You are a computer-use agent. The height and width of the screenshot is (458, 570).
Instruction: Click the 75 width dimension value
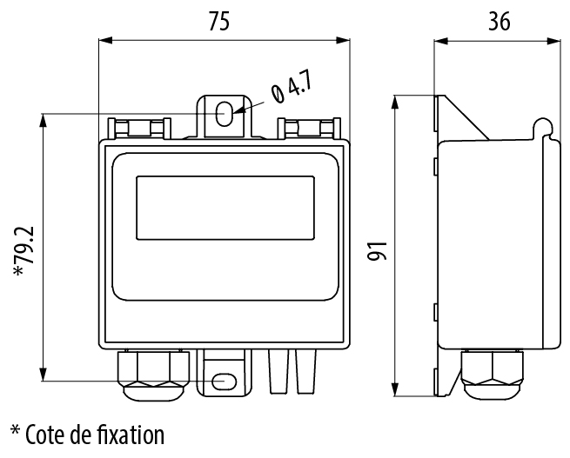pos(219,21)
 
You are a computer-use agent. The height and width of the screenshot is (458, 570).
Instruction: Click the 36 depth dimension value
pos(500,21)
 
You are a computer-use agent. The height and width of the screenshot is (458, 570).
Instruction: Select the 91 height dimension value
pos(377,251)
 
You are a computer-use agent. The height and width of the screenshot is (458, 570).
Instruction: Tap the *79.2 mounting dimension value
pos(23,250)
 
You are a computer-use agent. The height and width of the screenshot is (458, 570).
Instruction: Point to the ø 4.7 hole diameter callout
pos(292,89)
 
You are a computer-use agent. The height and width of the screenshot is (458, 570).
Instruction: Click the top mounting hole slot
pos(225,114)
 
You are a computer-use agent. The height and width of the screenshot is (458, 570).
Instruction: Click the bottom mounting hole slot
pos(224,382)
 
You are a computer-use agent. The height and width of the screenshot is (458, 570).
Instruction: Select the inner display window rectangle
pos(225,208)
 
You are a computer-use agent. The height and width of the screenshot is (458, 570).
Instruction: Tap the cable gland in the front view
pos(153,375)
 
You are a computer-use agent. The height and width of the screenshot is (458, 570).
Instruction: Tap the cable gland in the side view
pos(492,374)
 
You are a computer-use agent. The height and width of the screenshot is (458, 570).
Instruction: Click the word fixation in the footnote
pos(131,435)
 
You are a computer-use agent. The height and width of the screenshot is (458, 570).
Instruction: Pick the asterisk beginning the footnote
pos(15,430)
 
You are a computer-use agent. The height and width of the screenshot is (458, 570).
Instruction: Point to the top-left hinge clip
pos(139,128)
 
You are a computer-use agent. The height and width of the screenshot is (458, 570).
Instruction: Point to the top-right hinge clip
pos(309,128)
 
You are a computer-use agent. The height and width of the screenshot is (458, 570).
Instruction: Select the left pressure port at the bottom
pos(278,371)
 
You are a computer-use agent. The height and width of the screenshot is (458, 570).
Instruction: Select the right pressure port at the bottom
pos(306,371)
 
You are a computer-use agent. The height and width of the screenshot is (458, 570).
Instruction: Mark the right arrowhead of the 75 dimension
pos(343,40)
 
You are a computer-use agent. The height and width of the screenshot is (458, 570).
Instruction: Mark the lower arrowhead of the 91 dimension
pos(395,389)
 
